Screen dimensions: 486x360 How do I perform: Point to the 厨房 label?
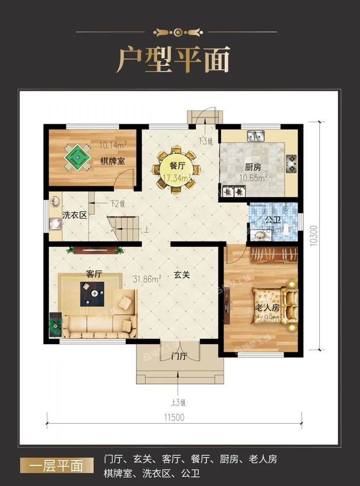tap(253, 168)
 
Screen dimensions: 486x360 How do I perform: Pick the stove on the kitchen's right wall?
tap(291, 164)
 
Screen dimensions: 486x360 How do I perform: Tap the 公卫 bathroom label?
tap(273, 220)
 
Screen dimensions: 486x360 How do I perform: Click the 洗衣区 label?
tap(75, 215)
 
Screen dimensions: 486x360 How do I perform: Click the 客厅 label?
tap(94, 274)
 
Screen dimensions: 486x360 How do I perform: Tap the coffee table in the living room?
tap(93, 292)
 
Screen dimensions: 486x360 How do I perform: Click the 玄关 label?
tap(182, 275)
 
